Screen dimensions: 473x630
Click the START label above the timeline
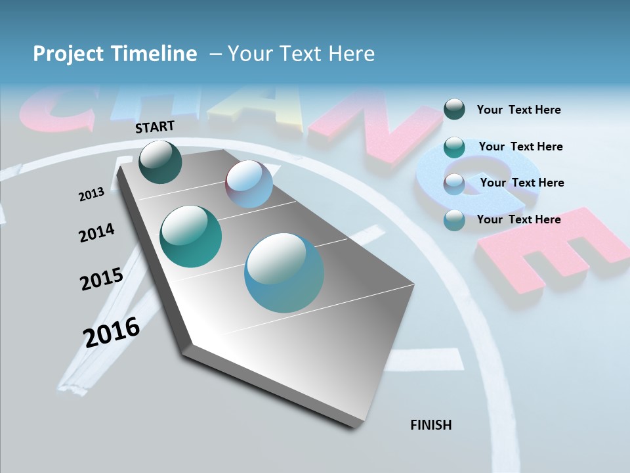(155, 127)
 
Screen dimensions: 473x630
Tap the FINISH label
(431, 425)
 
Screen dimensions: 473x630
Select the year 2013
(92, 194)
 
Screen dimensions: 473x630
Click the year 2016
(112, 332)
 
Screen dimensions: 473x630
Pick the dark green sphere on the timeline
(160, 162)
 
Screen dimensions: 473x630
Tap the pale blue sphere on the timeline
(249, 184)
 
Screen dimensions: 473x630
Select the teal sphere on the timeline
(190, 236)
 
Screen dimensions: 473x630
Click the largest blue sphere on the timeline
(284, 273)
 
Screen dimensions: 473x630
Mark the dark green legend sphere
(454, 109)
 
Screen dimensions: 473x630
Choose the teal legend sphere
(454, 146)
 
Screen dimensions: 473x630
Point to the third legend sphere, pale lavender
(454, 183)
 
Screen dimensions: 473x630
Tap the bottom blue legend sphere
(454, 220)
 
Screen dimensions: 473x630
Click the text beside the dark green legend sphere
(518, 110)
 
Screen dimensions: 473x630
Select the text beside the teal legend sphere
(520, 146)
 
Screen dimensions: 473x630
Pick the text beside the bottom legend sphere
(518, 219)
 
